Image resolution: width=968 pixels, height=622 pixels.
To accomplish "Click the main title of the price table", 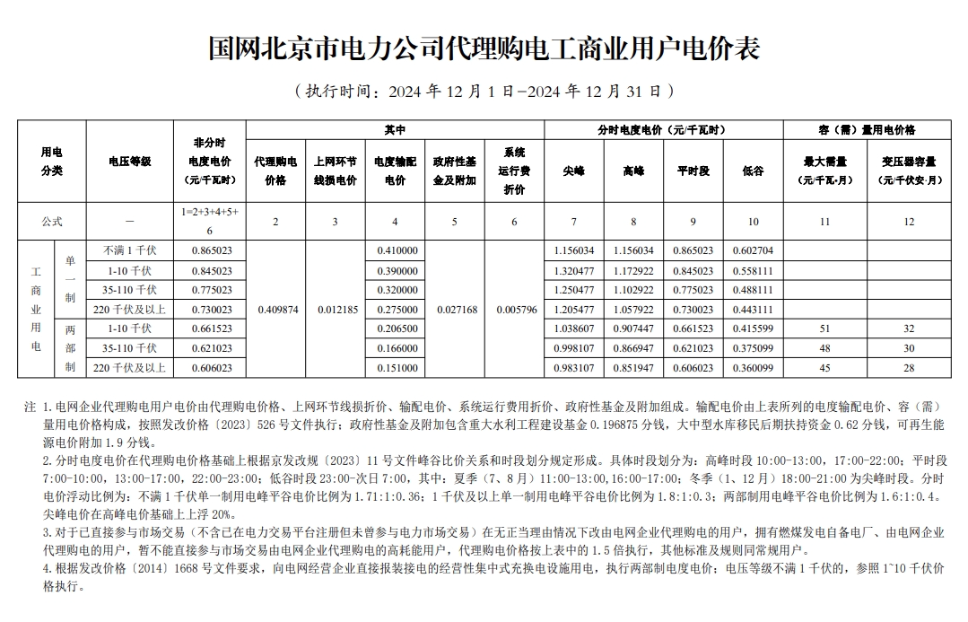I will (x=484, y=48).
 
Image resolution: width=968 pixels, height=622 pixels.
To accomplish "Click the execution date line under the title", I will (x=484, y=91).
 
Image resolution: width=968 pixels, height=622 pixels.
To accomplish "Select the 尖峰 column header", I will (x=573, y=171).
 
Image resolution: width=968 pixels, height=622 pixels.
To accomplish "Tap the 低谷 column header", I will (x=753, y=171).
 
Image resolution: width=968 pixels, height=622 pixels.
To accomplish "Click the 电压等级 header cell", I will (x=130, y=162).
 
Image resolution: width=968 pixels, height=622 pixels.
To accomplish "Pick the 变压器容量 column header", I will (x=908, y=171).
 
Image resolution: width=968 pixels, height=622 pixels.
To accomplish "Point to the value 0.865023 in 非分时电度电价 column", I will (x=212, y=250).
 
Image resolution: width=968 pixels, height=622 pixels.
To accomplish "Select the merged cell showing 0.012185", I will (x=336, y=309).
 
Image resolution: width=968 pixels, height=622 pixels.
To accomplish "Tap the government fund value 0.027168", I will (x=455, y=309).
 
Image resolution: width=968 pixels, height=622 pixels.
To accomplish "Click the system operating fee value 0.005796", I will (x=514, y=309).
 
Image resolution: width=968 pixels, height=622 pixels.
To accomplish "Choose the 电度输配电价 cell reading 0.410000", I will (x=396, y=250).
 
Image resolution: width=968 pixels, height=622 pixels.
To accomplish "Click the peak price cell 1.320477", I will (x=573, y=270).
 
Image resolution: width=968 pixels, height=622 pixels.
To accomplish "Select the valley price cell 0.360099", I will (x=753, y=368).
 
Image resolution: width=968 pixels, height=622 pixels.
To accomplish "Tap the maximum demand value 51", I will (x=824, y=329).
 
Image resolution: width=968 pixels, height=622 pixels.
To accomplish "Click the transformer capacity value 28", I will (x=908, y=368).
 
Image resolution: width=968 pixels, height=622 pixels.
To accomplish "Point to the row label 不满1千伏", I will (x=130, y=250).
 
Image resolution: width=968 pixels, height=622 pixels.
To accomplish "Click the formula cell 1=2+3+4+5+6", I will (x=212, y=221).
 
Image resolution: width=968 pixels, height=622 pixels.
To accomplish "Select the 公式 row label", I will (x=52, y=221).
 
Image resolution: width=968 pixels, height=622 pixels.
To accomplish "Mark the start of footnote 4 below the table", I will (x=48, y=569).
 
